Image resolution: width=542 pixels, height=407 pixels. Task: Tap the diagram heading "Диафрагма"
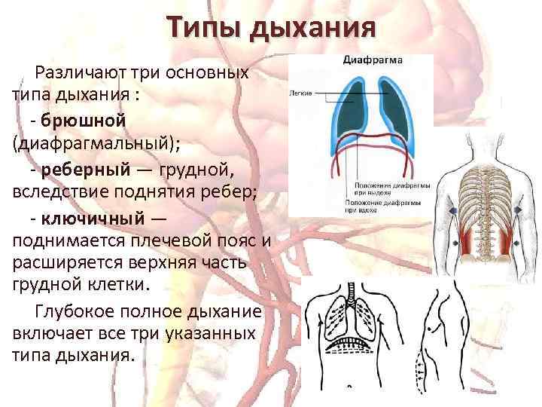373,60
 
